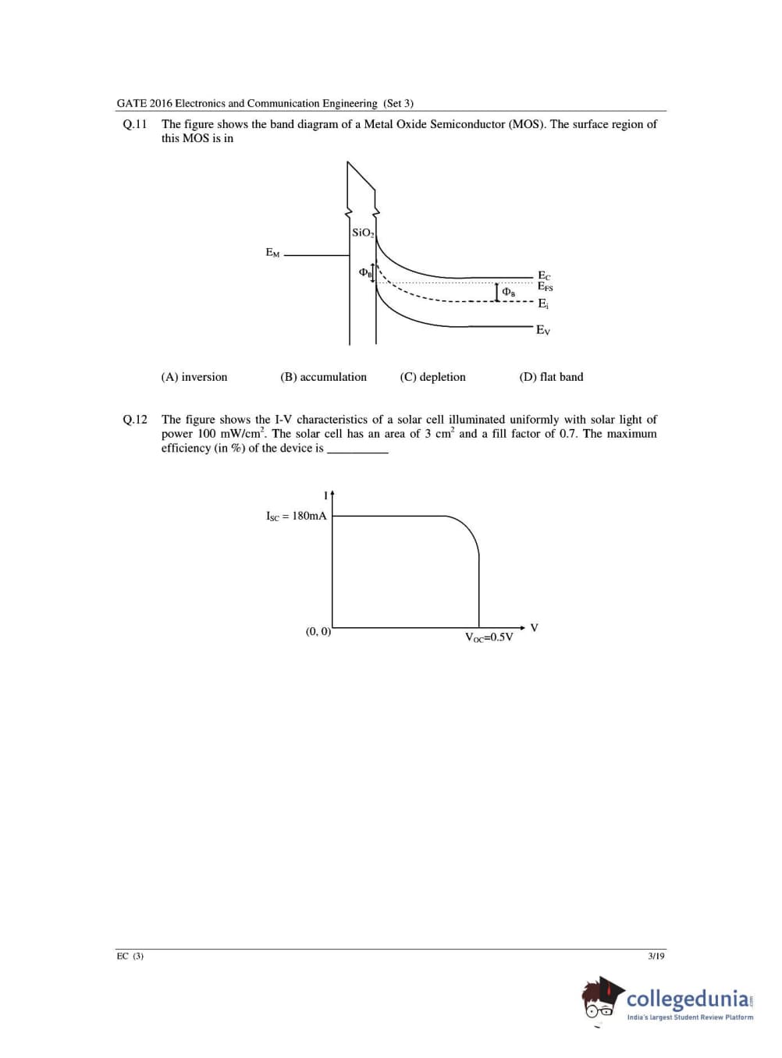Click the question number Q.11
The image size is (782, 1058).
135,124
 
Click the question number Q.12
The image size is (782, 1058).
135,420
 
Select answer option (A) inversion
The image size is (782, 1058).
194,377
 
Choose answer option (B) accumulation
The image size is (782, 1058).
323,377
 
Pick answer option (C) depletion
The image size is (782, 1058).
432,377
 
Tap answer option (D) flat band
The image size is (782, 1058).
551,377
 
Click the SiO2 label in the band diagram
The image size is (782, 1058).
363,233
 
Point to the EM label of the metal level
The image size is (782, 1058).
272,253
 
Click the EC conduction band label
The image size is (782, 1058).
544,276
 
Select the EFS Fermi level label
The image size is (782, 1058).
545,287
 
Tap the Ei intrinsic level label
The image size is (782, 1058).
542,304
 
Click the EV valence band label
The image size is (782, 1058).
543,330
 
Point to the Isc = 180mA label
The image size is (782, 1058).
297,516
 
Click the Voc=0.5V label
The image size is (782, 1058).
489,637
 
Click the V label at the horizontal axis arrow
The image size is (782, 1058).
535,627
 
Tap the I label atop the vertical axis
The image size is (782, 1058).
325,495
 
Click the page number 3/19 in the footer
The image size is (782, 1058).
656,956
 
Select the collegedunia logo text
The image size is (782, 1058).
688,999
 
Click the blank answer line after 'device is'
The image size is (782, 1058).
357,449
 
